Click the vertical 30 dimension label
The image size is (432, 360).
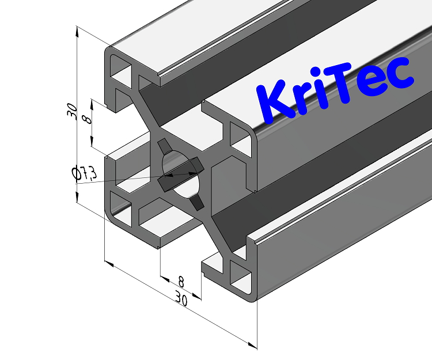(x=71, y=110)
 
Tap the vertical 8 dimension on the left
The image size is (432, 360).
(x=87, y=119)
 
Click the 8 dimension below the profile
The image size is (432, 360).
(x=181, y=282)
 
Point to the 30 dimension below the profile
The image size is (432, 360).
(x=182, y=300)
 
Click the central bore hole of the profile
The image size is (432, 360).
(x=180, y=173)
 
